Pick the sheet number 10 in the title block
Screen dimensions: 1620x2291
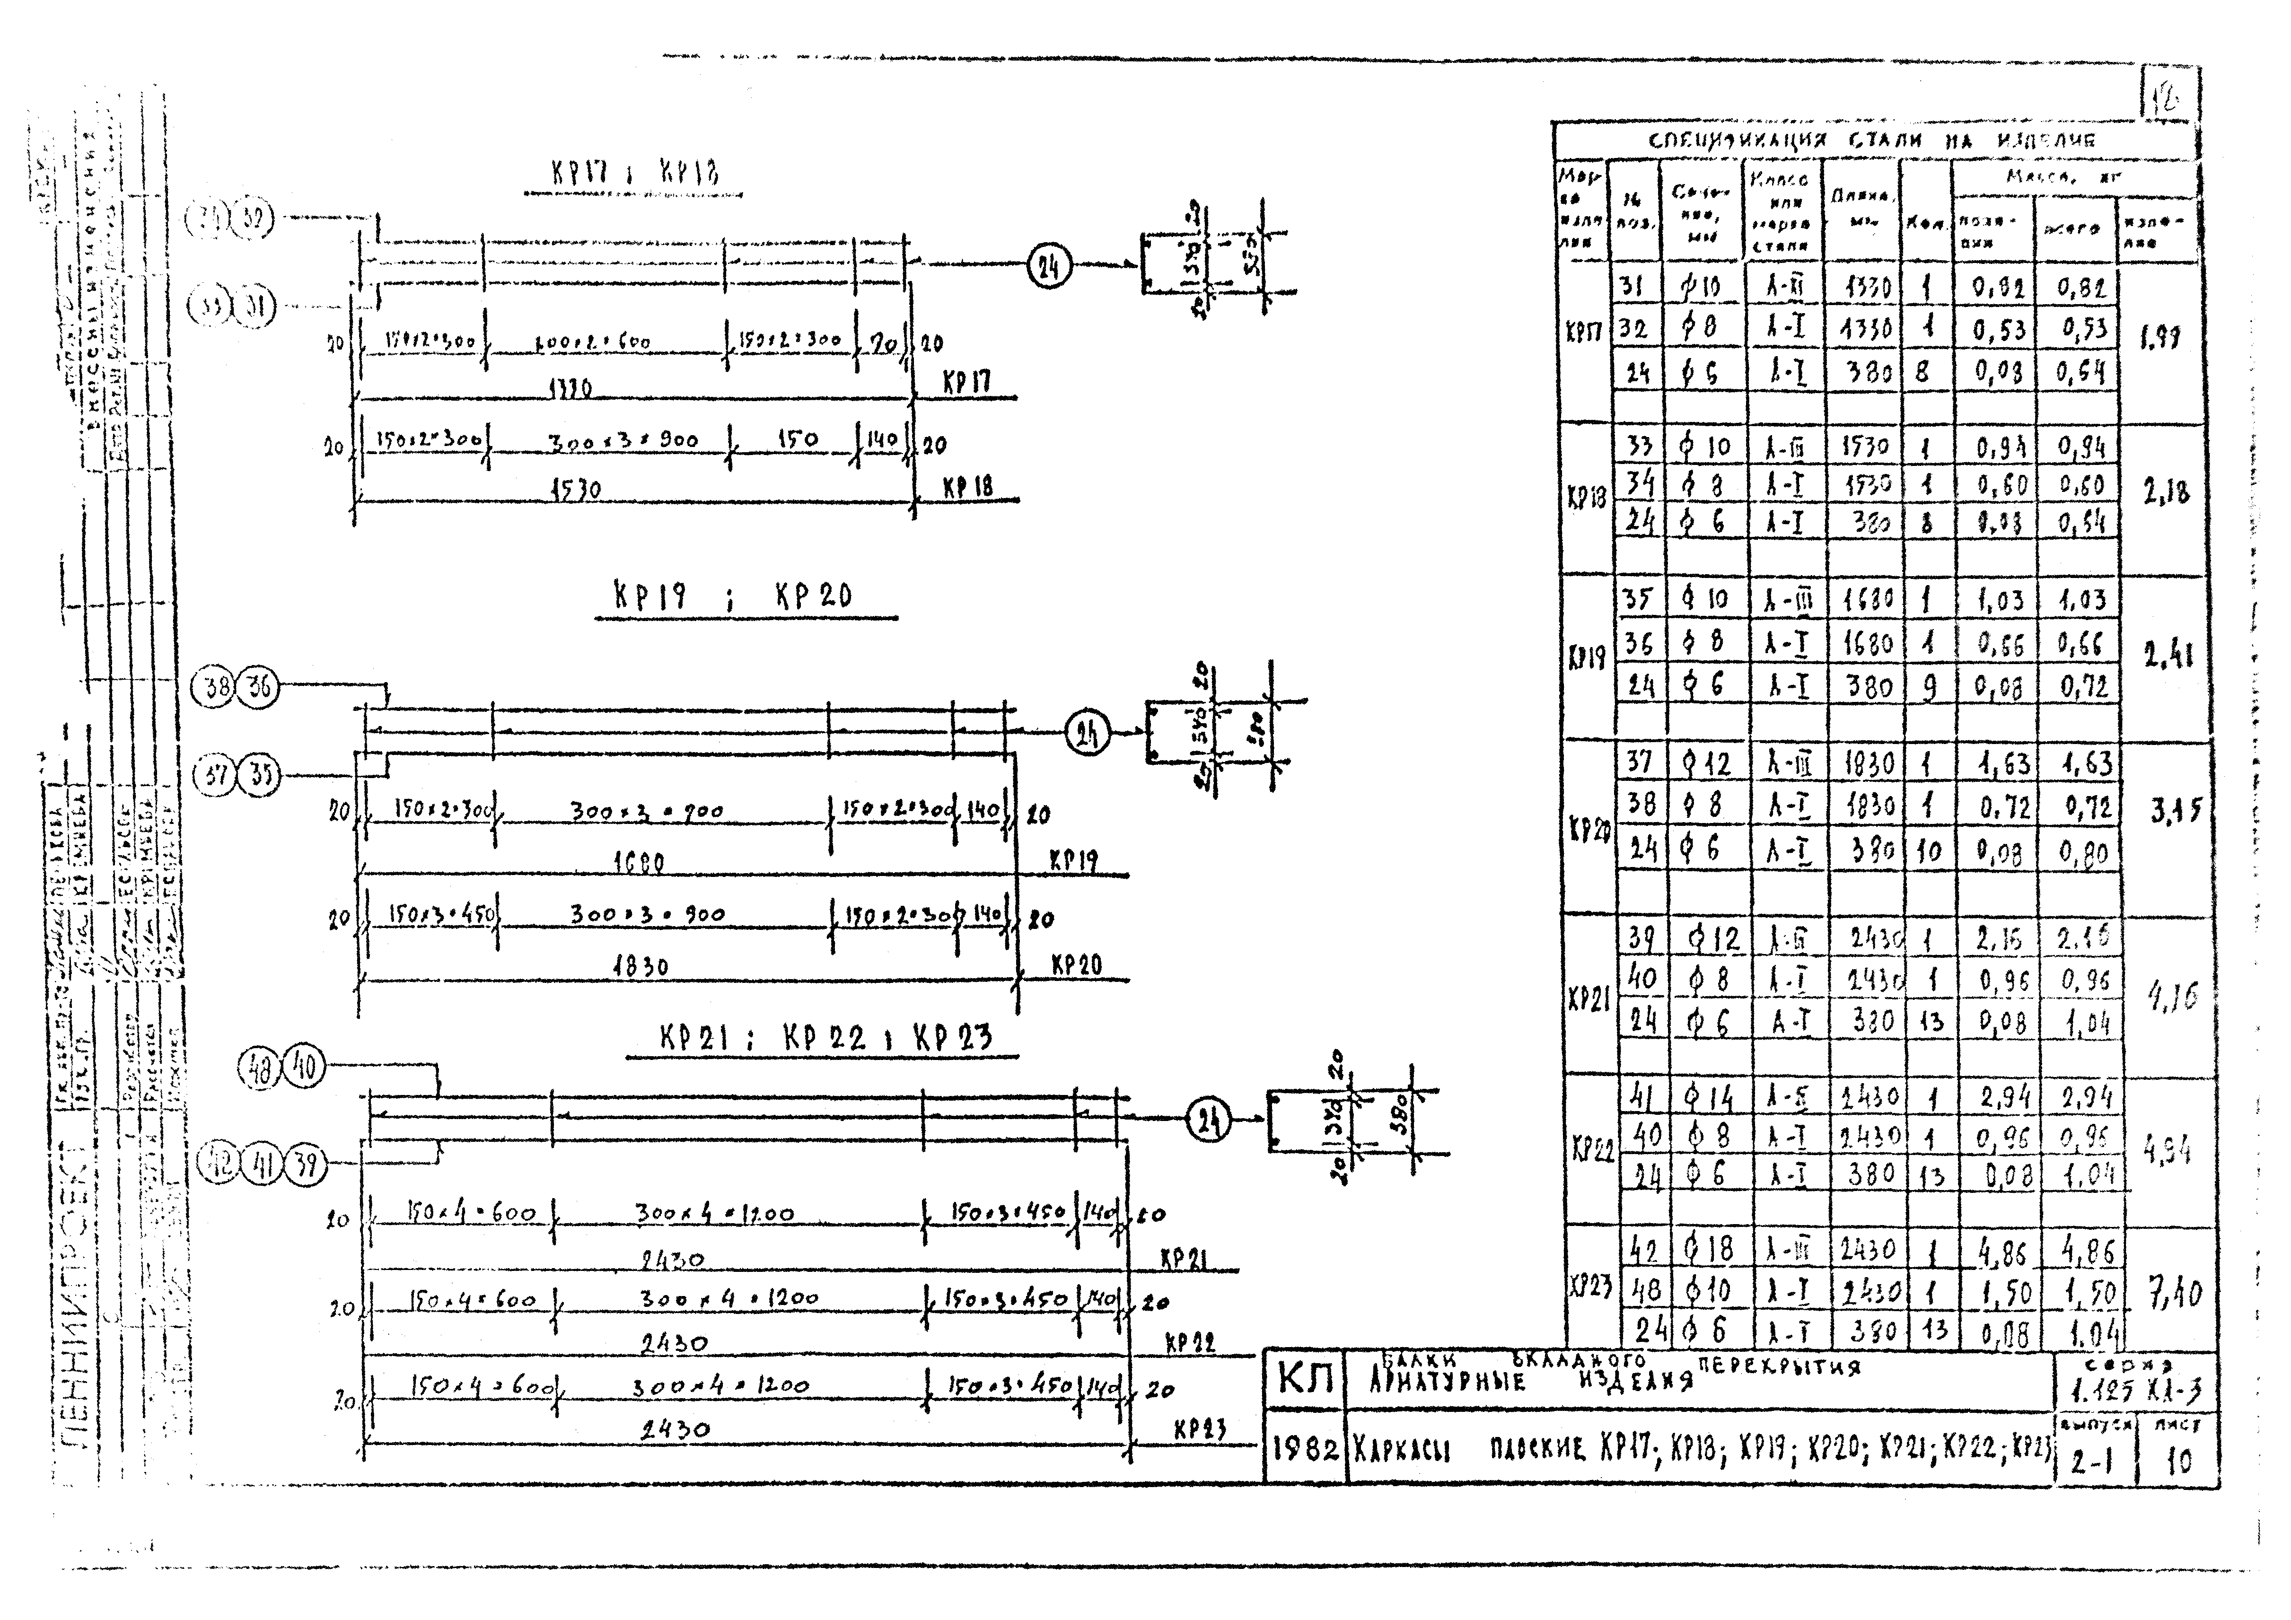pyautogui.click(x=2178, y=1462)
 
